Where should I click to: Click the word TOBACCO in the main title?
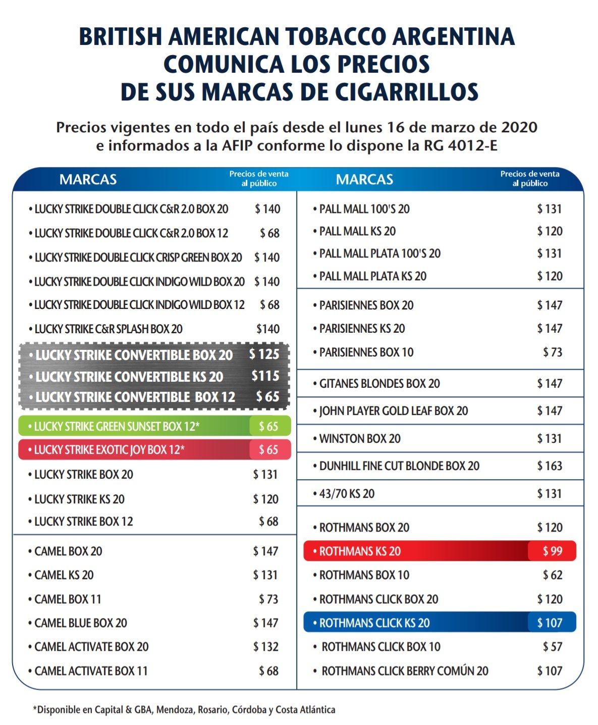point(336,36)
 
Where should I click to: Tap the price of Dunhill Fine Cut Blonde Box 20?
point(550,465)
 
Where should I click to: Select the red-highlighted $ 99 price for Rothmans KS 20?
point(552,551)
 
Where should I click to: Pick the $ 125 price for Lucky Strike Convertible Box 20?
point(264,354)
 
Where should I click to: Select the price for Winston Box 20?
point(550,439)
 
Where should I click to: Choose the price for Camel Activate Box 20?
point(265,647)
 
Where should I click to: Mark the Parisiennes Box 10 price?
point(553,352)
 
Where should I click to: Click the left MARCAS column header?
point(88,180)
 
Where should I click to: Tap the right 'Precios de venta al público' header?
point(530,178)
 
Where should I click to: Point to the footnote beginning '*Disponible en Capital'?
point(184,709)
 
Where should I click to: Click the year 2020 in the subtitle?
point(519,127)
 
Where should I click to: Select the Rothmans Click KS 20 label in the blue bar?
point(374,623)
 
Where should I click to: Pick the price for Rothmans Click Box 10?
point(553,647)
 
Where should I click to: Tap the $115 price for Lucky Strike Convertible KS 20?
point(265,376)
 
